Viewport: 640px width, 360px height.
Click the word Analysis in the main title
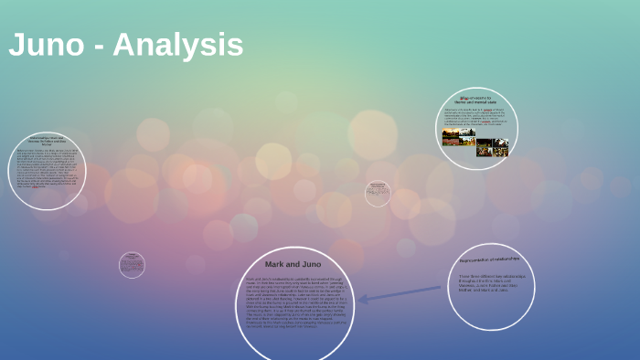click(177, 45)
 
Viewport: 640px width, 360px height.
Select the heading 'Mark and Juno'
click(293, 264)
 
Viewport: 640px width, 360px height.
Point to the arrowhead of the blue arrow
click(362, 299)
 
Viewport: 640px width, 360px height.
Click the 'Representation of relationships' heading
click(490, 260)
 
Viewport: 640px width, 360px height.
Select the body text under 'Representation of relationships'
click(490, 281)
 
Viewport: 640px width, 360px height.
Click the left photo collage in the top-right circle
click(458, 138)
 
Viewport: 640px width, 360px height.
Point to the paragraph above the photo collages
click(475, 116)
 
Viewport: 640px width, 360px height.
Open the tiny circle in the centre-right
click(378, 193)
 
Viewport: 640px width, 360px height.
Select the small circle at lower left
click(132, 265)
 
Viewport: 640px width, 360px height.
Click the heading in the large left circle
click(47, 141)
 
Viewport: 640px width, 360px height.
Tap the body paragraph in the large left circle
click(47, 174)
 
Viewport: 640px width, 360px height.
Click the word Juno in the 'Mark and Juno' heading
click(307, 264)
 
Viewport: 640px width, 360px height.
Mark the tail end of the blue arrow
click(440, 289)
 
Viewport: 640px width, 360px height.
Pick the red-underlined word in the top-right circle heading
click(464, 96)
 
